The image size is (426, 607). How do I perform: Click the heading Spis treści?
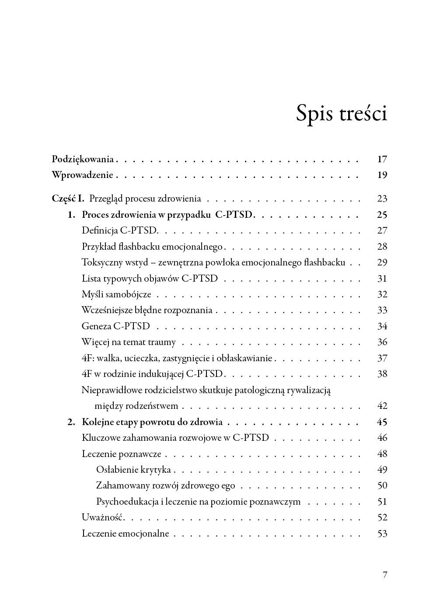341,113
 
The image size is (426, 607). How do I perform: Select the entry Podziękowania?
83,159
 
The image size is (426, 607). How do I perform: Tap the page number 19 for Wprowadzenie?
382,175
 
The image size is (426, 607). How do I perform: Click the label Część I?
68,199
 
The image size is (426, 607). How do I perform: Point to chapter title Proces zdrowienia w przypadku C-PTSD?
167,215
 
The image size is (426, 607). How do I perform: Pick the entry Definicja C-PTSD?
119,230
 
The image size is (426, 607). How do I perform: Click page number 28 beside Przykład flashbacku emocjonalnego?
382,247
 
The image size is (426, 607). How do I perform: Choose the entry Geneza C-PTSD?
115,326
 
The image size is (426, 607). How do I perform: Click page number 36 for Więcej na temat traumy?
382,342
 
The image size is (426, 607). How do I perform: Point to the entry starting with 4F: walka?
177,358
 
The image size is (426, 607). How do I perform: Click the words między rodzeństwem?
136,406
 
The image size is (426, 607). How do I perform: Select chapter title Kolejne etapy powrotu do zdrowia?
152,422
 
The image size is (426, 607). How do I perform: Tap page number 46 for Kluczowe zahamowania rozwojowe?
382,438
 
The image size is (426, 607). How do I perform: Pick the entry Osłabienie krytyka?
133,470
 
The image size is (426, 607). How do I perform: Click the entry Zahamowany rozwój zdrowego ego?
165,485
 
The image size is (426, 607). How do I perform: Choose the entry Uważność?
103,517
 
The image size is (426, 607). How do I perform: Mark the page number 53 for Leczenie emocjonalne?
382,534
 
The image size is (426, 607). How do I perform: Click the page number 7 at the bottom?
385,575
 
